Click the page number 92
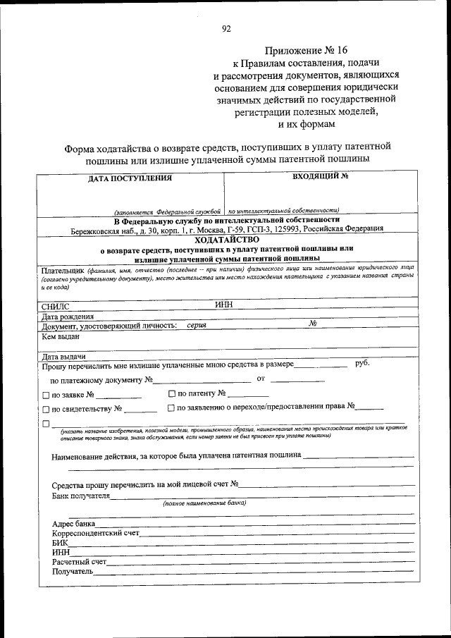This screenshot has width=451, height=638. [x=226, y=29]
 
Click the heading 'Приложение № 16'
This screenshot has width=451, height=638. [x=307, y=51]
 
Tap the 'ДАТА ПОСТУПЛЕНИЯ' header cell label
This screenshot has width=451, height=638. [x=130, y=178]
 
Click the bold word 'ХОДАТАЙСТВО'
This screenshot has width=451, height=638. [x=225, y=240]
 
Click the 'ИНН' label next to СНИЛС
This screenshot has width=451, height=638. [x=224, y=305]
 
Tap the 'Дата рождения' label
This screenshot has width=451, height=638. [x=68, y=317]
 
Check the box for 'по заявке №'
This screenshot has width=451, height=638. [x=46, y=395]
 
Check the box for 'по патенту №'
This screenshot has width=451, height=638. [x=173, y=393]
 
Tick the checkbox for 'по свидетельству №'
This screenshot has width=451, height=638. [x=46, y=409]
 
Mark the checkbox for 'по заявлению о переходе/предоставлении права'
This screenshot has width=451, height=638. [x=171, y=407]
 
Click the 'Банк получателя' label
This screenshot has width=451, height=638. [x=81, y=496]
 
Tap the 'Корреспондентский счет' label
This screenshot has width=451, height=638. [x=96, y=533]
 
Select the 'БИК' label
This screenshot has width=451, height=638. [x=60, y=543]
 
